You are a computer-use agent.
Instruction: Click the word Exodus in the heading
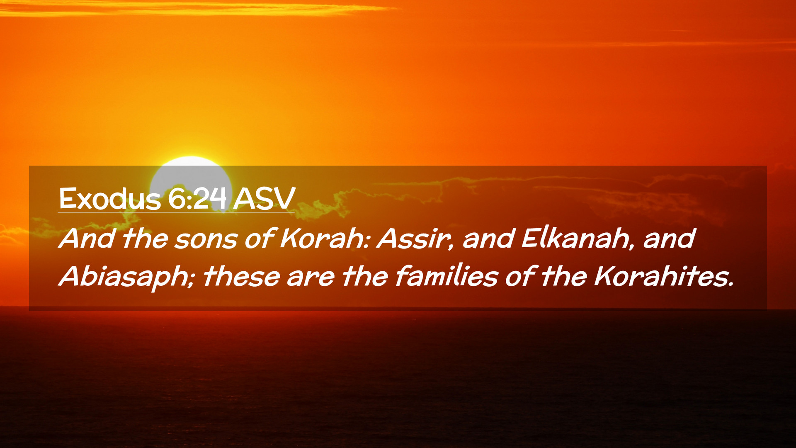coord(110,199)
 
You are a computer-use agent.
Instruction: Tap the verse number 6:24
coord(197,199)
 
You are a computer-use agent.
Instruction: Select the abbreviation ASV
coord(264,199)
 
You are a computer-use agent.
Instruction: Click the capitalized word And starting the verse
coord(86,239)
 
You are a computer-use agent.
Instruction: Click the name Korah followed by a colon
coord(325,239)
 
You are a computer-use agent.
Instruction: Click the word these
coord(241,276)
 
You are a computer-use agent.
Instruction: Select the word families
coord(446,276)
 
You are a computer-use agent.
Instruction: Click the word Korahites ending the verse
coord(664,276)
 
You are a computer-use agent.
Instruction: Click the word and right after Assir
coord(488,239)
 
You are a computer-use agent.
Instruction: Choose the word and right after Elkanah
coord(669,239)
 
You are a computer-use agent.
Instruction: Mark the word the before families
coord(365,276)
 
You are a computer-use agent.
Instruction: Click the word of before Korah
coord(259,239)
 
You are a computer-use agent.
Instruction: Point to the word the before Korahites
coord(564,276)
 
